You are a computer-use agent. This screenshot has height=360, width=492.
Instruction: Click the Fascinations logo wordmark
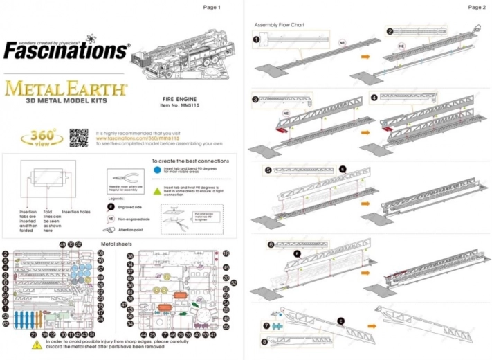pyautogui.click(x=65, y=50)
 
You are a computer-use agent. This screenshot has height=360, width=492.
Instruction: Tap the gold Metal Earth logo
pyautogui.click(x=65, y=90)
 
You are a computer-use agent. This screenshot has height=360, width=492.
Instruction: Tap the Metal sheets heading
pyautogui.click(x=117, y=244)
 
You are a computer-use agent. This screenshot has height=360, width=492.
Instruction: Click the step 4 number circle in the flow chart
pyautogui.click(x=374, y=98)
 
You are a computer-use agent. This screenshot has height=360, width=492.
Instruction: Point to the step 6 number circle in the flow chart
pyautogui.click(x=271, y=244)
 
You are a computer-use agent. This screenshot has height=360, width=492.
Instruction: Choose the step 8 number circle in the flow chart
pyautogui.click(x=266, y=341)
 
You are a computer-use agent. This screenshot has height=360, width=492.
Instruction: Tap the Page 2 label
pyautogui.click(x=477, y=7)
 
